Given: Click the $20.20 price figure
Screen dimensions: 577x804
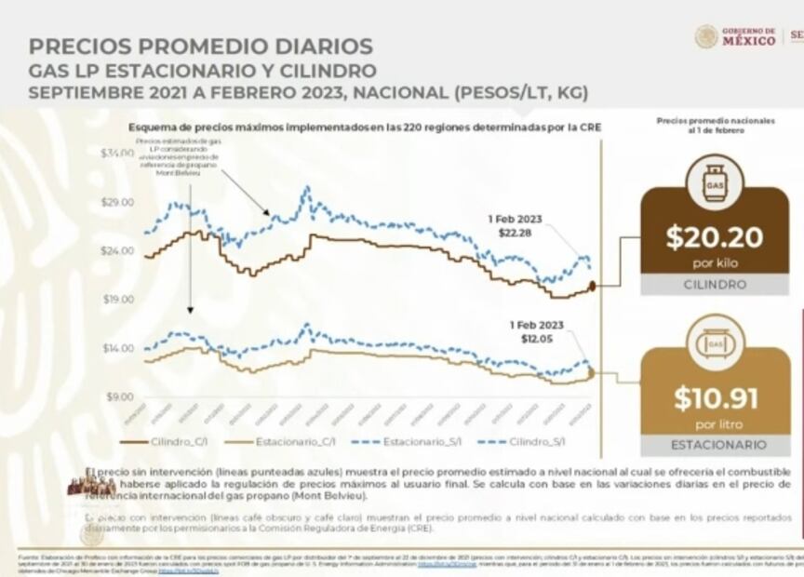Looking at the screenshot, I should (x=714, y=237).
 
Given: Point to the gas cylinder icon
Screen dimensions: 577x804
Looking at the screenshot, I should (x=714, y=181).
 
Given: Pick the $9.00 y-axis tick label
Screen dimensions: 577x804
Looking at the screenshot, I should (x=118, y=396).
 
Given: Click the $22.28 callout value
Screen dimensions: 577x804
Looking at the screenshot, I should (x=515, y=233).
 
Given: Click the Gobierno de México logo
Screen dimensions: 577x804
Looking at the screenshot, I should (x=735, y=36).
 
